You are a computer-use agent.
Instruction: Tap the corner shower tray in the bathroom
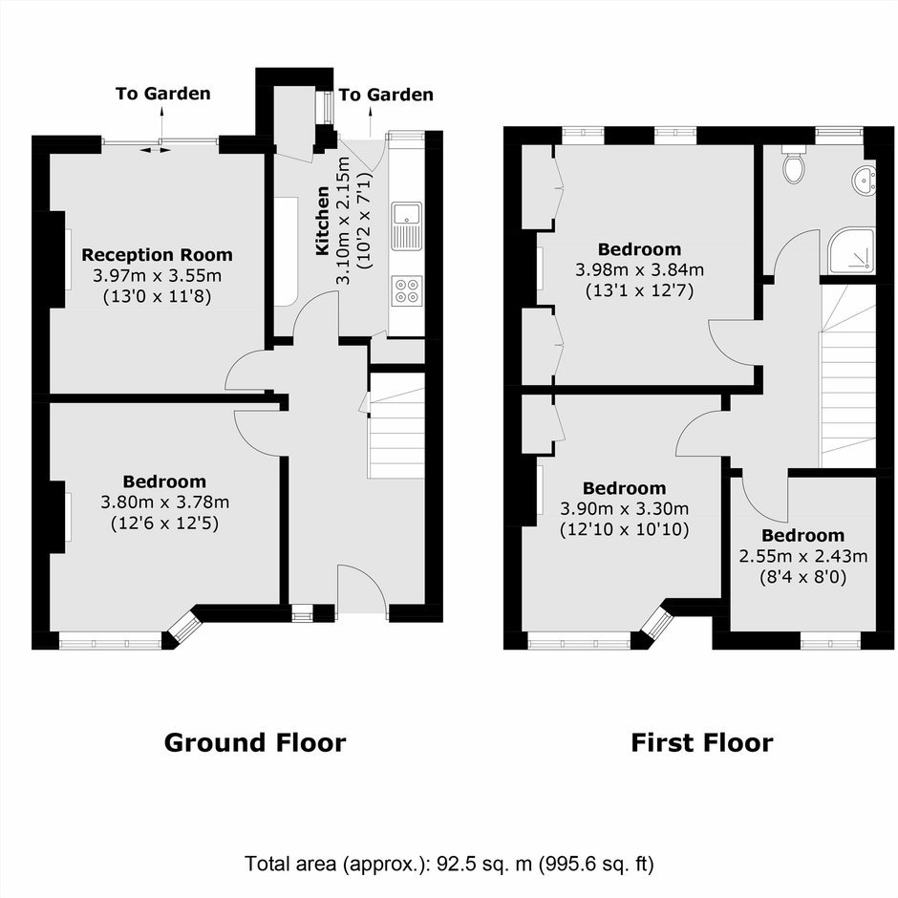pos(851,251)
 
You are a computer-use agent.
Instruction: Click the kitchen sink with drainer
pos(407,225)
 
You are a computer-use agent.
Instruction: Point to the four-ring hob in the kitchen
pos(407,290)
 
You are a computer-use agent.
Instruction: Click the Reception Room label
pos(157,254)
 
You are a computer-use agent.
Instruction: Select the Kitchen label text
pos(323,221)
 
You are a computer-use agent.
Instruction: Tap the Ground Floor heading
pos(255,743)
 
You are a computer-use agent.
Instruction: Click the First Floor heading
pos(701,743)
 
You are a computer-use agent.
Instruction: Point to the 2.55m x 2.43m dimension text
pos(802,556)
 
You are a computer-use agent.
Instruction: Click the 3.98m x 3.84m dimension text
pos(640,269)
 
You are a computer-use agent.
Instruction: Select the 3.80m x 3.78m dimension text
pos(165,502)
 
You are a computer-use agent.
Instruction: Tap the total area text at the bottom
pos(449,864)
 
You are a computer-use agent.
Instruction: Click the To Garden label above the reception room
pos(163,94)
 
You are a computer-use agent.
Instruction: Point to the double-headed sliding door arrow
pos(156,150)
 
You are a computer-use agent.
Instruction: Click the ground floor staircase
pos(396,425)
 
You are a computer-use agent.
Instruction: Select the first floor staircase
pos(848,376)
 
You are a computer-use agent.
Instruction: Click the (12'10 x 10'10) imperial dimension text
pos(624,528)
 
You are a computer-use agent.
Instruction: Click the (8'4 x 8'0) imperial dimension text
pos(802,577)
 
